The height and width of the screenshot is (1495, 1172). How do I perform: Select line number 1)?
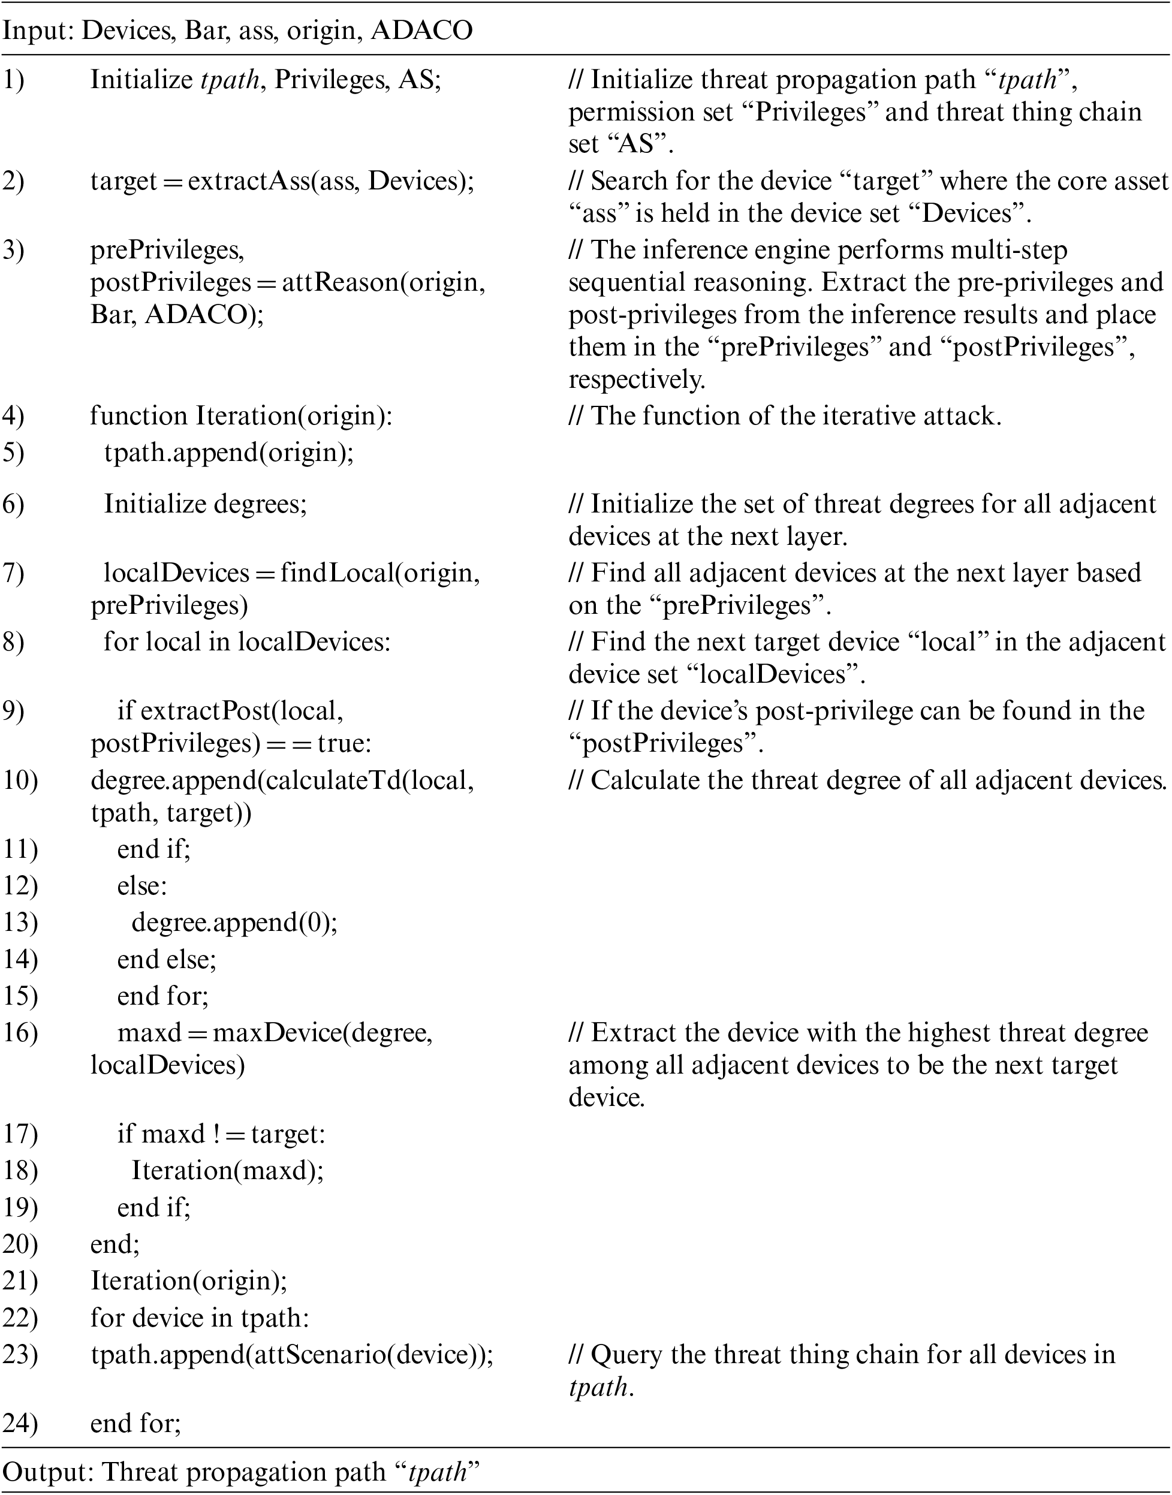pyautogui.click(x=14, y=80)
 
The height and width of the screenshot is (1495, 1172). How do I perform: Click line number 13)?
pyautogui.click(x=20, y=922)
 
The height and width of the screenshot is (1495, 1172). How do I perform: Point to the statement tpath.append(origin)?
pyautogui.click(x=229, y=453)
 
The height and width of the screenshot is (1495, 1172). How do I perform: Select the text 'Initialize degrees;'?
pyautogui.click(x=205, y=504)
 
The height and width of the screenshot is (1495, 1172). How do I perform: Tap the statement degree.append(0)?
pyautogui.click(x=234, y=922)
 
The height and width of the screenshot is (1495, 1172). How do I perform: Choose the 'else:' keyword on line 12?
pyautogui.click(x=142, y=886)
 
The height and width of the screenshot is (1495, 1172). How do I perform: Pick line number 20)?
pyautogui.click(x=20, y=1244)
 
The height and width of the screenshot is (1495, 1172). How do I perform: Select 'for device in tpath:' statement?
pyautogui.click(x=200, y=1318)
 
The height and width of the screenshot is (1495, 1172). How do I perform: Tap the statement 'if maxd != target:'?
pyautogui.click(x=221, y=1134)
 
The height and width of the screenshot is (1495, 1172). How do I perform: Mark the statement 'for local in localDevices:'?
pyautogui.click(x=247, y=641)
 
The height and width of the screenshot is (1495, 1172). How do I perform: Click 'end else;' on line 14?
pyautogui.click(x=167, y=959)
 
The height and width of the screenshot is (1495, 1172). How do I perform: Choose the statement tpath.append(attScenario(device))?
pyautogui.click(x=291, y=1354)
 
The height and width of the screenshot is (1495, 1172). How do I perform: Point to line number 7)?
pyautogui.click(x=14, y=573)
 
